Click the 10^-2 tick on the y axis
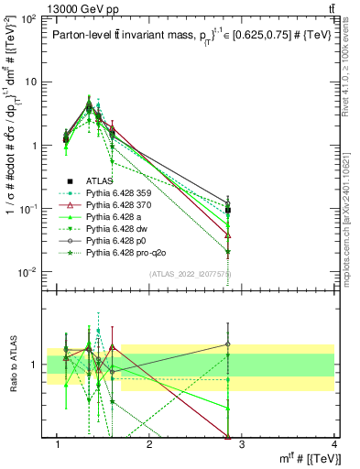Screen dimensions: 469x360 [27, 272]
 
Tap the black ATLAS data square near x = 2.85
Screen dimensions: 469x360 [228, 211]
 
